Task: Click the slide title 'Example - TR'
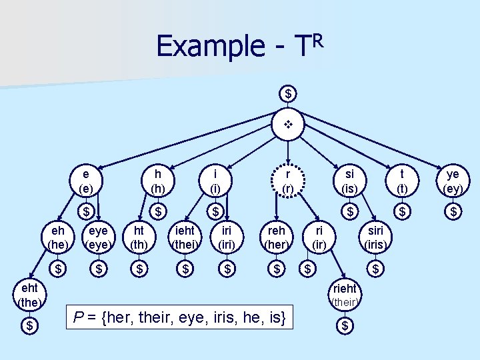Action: click(x=239, y=45)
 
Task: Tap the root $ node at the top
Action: click(x=289, y=93)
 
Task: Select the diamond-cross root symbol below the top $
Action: click(x=289, y=125)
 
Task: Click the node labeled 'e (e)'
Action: click(x=86, y=181)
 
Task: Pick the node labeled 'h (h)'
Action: click(x=158, y=181)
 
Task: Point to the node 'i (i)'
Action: click(x=215, y=181)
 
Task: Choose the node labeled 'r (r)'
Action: click(x=287, y=181)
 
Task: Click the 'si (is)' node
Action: click(x=348, y=181)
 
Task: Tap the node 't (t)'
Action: click(x=403, y=181)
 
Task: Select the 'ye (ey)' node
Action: click(x=453, y=181)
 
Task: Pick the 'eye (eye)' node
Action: click(x=98, y=237)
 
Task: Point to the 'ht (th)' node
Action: click(x=139, y=237)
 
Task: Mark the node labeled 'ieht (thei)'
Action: click(x=185, y=237)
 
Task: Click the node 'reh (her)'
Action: click(x=277, y=237)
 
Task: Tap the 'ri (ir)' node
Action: click(x=320, y=237)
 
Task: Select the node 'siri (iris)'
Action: click(x=375, y=237)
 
